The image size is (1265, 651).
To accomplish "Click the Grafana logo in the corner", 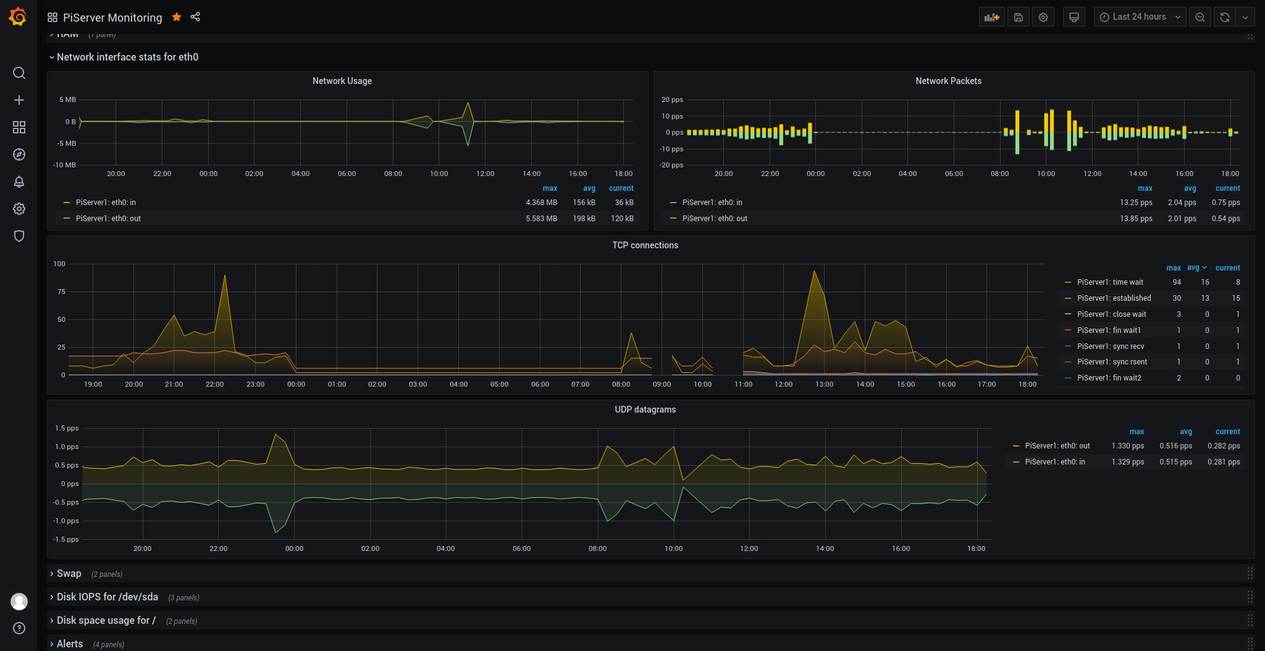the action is [x=18, y=17].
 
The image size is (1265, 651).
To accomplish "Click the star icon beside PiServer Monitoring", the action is [x=177, y=17].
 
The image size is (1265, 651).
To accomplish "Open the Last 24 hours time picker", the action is [x=1140, y=17].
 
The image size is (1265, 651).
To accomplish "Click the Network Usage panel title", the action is [x=342, y=81].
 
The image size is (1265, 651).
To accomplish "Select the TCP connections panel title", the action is [x=645, y=245].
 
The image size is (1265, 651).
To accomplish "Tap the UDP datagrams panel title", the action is [x=645, y=409].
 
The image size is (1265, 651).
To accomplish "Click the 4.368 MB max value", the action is [x=541, y=203].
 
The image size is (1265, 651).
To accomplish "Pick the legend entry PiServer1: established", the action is [x=1114, y=298].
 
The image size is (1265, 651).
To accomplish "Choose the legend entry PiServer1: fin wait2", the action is [x=1109, y=378].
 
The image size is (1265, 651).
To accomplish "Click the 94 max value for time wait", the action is [x=1177, y=282].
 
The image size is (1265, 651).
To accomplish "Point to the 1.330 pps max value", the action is [x=1128, y=446].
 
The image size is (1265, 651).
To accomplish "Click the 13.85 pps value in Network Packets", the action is [x=1136, y=219].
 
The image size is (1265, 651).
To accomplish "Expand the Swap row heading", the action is [x=69, y=574].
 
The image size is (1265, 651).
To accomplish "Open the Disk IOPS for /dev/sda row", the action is [x=107, y=597].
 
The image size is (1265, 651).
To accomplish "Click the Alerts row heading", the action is [x=69, y=644].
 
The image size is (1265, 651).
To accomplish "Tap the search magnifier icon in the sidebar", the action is [x=19, y=73].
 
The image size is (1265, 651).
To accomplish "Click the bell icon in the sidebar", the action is [x=19, y=182].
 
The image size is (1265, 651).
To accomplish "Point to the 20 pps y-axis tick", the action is [x=672, y=99].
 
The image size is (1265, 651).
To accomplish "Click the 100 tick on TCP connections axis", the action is [x=59, y=264].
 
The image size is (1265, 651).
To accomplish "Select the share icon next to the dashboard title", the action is [x=195, y=17].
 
